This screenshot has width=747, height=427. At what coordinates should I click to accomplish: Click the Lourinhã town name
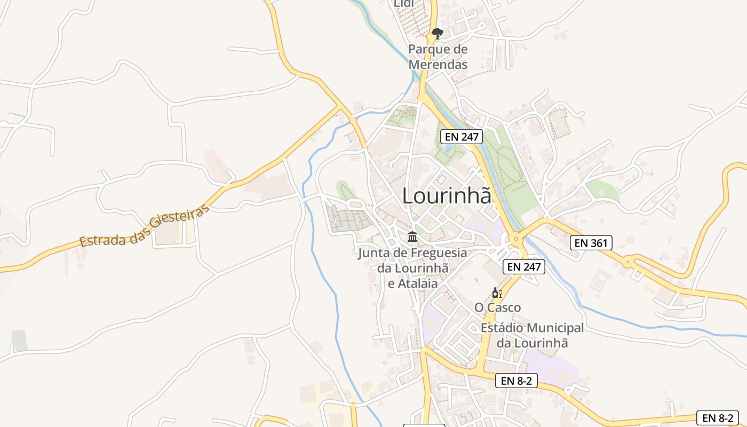(x=446, y=195)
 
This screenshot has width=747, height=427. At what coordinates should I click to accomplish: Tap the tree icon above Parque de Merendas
(x=438, y=34)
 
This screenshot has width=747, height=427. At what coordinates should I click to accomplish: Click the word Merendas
(x=438, y=65)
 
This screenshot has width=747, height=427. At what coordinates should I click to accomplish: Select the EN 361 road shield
(x=591, y=243)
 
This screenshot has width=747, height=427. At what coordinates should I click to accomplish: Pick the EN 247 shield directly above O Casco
(x=524, y=267)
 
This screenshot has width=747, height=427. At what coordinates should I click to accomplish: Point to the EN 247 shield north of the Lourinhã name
(x=462, y=137)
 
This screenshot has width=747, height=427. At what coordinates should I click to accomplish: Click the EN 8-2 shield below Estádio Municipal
(x=516, y=381)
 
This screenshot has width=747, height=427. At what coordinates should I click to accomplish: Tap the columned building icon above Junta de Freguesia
(x=412, y=236)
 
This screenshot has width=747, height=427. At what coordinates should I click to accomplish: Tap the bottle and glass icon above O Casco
(x=497, y=293)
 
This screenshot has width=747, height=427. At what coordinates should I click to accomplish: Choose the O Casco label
(x=497, y=307)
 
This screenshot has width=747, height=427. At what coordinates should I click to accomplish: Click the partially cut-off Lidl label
(x=404, y=4)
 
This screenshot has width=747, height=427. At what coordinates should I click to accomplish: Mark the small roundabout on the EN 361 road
(x=629, y=262)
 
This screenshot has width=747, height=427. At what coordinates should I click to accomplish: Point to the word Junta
(x=375, y=252)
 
